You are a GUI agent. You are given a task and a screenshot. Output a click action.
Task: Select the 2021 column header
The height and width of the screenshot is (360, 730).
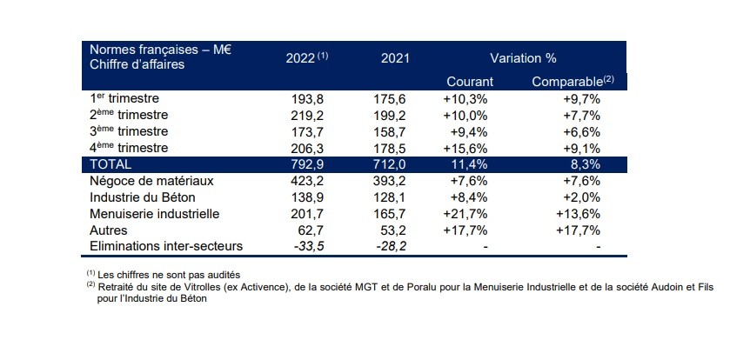point(395,58)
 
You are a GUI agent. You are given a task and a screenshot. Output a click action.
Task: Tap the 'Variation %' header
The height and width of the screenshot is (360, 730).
point(523,58)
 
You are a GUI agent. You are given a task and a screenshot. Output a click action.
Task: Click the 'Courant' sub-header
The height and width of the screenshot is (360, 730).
point(470,82)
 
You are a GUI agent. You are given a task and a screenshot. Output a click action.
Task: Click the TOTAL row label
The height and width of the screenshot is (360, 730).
point(111,163)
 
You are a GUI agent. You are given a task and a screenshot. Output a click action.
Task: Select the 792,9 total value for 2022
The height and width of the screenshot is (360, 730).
point(311,164)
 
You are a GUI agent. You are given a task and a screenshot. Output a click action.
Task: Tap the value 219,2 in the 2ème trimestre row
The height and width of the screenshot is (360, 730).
point(311,115)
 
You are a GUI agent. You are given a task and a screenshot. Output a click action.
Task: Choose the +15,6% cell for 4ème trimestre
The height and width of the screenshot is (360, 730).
point(470,148)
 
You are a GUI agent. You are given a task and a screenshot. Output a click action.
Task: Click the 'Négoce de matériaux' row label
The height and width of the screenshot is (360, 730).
point(152,181)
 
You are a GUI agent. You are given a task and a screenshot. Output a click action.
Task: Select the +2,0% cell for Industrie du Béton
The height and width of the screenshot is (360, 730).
point(582,197)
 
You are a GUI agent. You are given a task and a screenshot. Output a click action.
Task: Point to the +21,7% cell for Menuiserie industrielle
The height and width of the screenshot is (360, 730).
point(470,214)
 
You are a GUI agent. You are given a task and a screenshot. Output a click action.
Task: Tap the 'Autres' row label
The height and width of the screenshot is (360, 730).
point(110,230)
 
